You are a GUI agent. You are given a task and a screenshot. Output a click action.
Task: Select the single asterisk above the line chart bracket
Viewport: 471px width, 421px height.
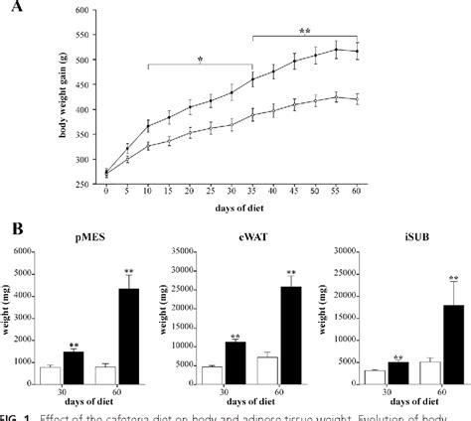[200, 59]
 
